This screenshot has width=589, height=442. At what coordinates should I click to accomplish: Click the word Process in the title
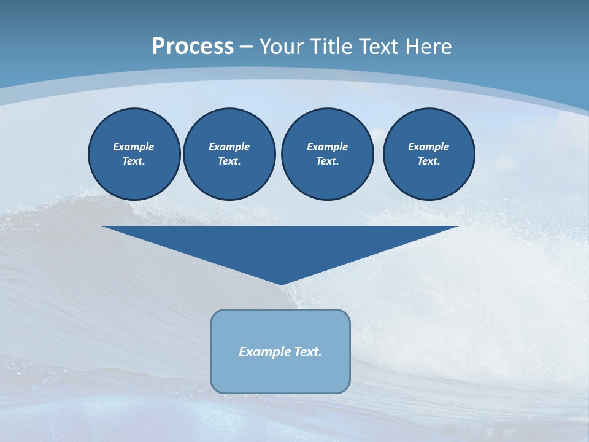coord(193,46)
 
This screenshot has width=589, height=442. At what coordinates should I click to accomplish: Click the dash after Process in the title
coord(246,47)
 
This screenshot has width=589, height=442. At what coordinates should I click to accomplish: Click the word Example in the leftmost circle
coord(134,147)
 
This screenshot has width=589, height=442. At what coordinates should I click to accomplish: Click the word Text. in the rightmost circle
coord(429,161)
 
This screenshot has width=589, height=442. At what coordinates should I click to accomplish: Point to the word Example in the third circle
coord(327,147)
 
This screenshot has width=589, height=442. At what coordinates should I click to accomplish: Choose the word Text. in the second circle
coord(229,161)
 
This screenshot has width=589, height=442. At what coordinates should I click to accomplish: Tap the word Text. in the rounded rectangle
coord(309,352)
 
